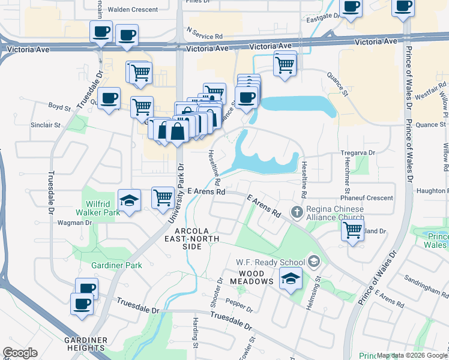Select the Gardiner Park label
[116, 265]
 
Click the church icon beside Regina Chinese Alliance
[297, 212]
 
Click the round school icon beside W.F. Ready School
[313, 261]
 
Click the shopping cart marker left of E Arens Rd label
[163, 197]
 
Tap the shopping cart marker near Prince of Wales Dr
[352, 230]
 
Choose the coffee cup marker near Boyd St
[109, 98]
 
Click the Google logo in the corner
[20, 353]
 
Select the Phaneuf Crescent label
[367, 198]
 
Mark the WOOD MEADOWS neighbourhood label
[250, 281]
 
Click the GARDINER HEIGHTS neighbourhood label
[86, 344]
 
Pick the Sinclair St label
[46, 125]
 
